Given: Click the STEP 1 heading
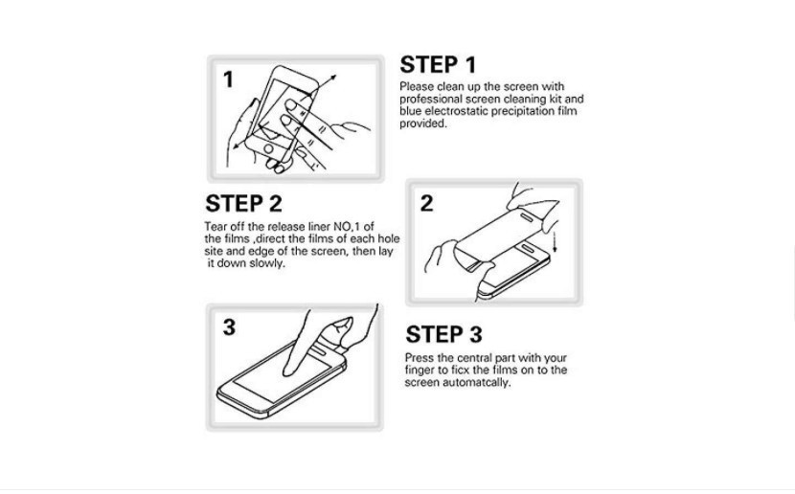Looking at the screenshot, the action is click(438, 65).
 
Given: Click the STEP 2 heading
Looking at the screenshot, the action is click(243, 204).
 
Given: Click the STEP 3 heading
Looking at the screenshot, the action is click(443, 334).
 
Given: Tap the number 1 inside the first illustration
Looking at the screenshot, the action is click(229, 79).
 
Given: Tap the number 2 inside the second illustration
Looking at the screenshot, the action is click(427, 203).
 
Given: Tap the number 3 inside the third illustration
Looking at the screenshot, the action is click(229, 327).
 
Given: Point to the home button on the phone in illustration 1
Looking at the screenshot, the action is click(268, 149).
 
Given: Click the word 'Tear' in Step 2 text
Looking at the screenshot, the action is click(215, 227).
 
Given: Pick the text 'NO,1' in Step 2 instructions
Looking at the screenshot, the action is click(348, 227).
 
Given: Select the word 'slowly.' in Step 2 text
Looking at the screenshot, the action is click(267, 263).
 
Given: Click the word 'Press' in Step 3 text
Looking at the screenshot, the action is click(420, 358).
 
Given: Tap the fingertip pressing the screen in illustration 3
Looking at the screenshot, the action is click(288, 371).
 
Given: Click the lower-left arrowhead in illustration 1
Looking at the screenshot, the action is click(237, 146).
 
